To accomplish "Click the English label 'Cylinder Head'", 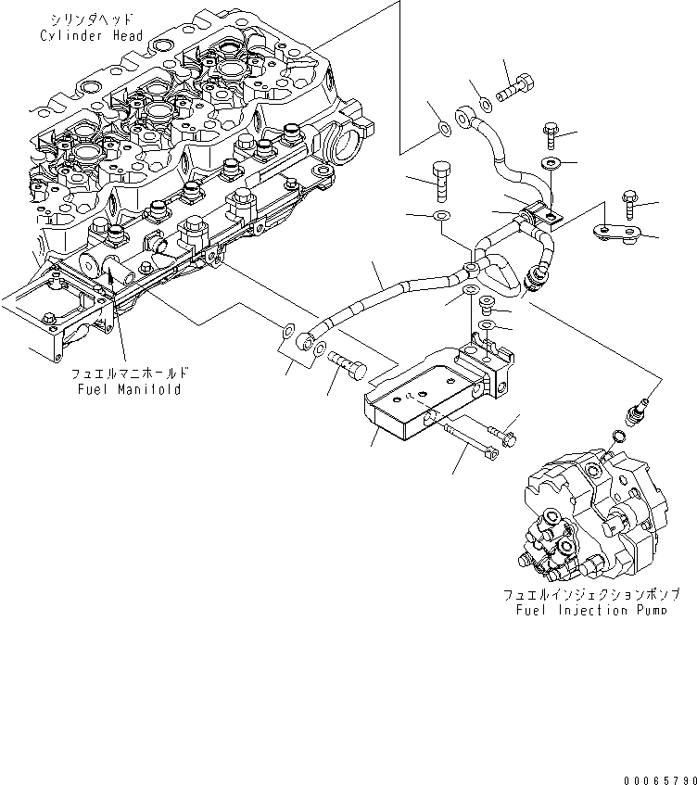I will [x=91, y=35].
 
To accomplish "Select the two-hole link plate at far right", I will [x=616, y=233].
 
